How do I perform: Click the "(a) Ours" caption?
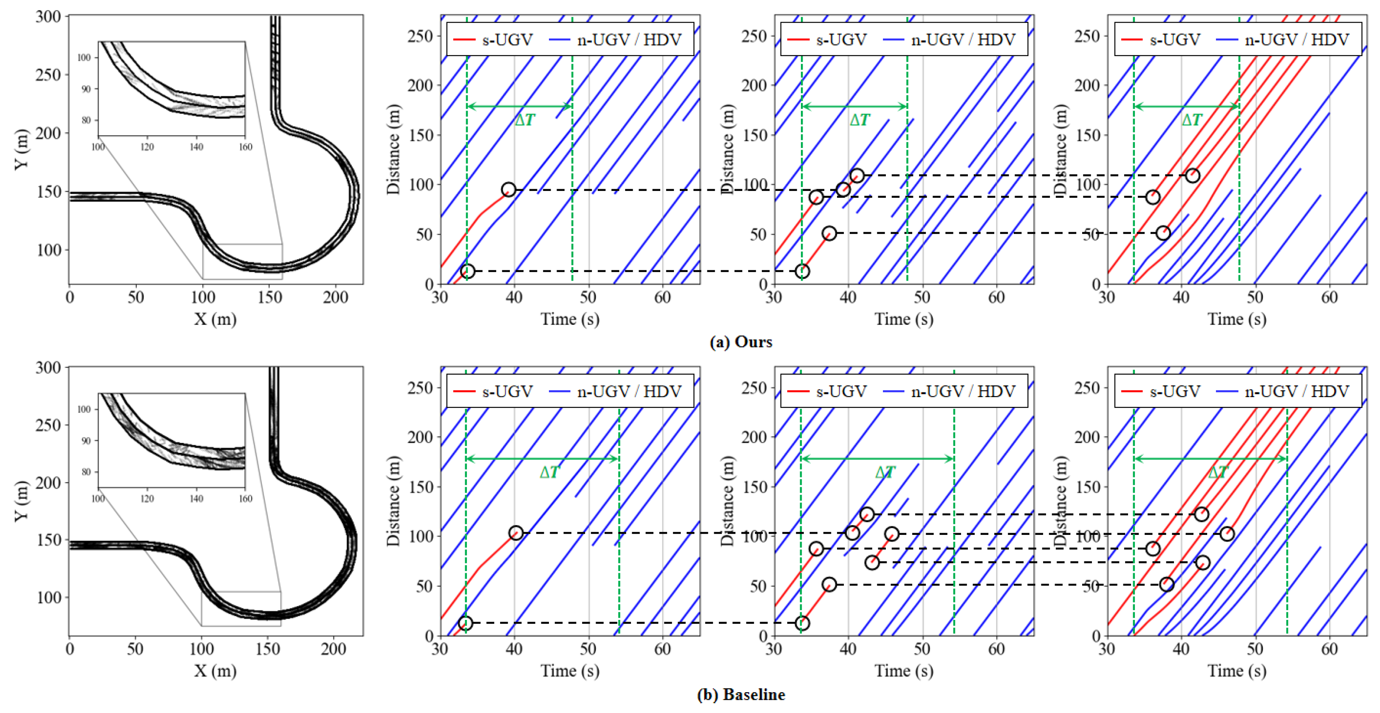pos(741,342)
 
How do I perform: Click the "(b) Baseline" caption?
pos(741,695)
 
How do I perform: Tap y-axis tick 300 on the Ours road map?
pos(48,17)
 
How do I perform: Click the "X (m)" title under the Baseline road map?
pos(215,670)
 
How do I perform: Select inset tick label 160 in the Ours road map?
pos(245,147)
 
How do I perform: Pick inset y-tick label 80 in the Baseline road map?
pos(86,472)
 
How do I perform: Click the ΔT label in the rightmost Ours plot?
pos(1191,120)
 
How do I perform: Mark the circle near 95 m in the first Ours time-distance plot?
pos(509,189)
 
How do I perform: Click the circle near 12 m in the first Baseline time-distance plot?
pos(466,623)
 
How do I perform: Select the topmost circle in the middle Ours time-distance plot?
pos(857,175)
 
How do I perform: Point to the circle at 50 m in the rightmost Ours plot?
pos(1163,233)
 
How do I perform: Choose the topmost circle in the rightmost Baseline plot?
pos(1202,514)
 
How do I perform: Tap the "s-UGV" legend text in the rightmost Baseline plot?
pos(1175,391)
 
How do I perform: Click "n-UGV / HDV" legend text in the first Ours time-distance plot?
pos(629,40)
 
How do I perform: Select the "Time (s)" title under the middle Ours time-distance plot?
pos(904,319)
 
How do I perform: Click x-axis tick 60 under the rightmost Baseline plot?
pos(1329,649)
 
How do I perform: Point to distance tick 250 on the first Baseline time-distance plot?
pos(420,388)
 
